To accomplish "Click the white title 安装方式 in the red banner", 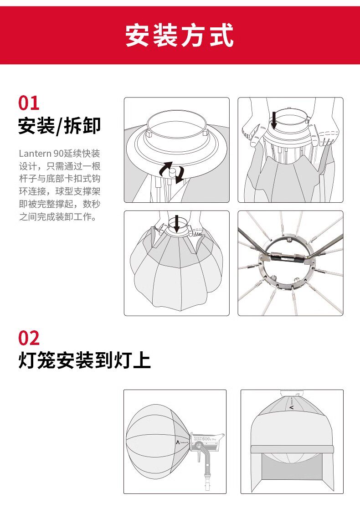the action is coord(180,35).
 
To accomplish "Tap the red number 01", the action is coord(29,103).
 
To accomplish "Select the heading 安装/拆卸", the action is coord(60,126).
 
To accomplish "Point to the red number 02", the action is coord(29,338).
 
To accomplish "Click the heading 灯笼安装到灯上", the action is coord(85,360).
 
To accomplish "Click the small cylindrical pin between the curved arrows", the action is coord(172,174).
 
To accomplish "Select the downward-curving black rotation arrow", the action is coord(180,175).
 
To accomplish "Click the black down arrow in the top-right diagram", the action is coord(274,120).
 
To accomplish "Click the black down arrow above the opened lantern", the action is coord(177,223).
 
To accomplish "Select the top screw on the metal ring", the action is coord(289,240).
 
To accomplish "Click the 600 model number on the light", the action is coord(206,438).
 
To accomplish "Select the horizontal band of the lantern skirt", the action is coord(292,449).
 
